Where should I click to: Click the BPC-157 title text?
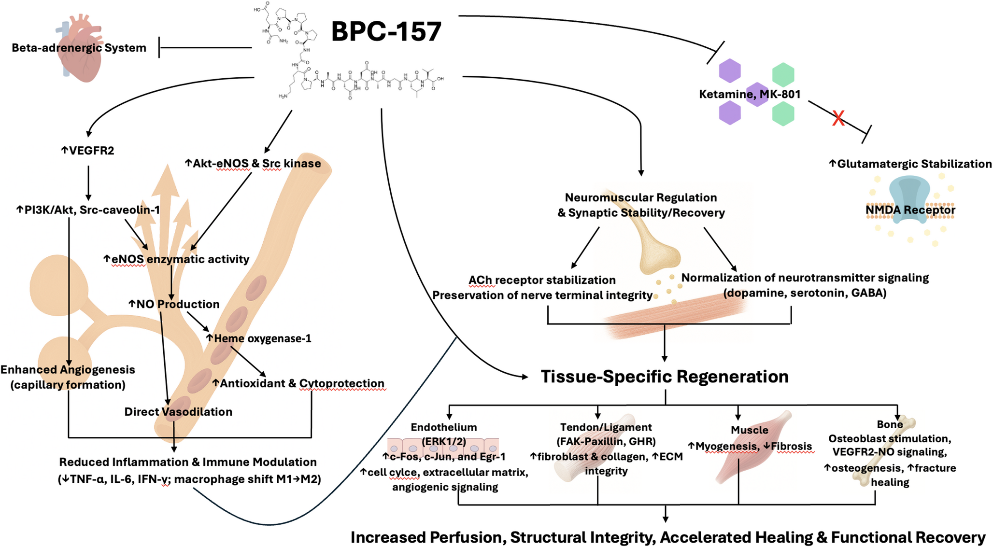(x=386, y=31)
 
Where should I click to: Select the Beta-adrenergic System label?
(x=79, y=48)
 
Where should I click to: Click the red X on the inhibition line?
(x=838, y=118)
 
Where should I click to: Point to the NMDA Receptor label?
(x=910, y=210)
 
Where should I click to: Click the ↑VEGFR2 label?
(x=87, y=151)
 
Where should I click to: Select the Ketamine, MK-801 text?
(x=750, y=94)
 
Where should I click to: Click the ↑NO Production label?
(x=174, y=304)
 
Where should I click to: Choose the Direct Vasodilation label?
(x=178, y=412)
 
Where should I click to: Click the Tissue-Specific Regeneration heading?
(x=664, y=377)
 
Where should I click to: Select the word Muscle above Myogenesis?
(x=749, y=430)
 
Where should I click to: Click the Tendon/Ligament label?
(x=606, y=427)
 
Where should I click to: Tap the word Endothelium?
(x=443, y=427)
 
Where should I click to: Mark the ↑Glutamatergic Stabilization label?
(x=910, y=164)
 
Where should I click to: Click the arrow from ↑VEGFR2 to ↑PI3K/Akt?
(x=88, y=183)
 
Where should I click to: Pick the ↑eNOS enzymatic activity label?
(x=176, y=259)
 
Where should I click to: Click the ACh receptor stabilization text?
(x=542, y=281)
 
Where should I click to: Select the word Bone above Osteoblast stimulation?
(x=890, y=424)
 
